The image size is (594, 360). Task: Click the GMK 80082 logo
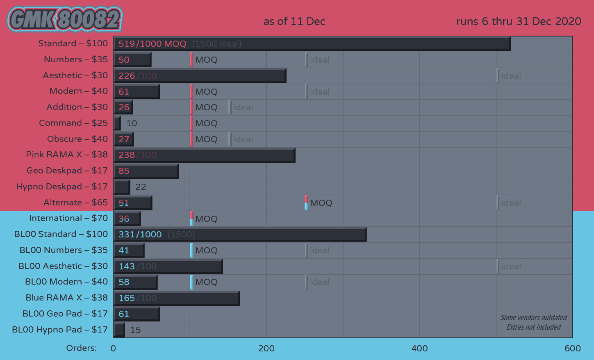coord(65,19)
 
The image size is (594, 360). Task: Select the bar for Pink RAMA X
coord(204,155)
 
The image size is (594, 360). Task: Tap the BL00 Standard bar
coord(240,235)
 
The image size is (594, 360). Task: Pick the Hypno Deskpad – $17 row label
coord(62,187)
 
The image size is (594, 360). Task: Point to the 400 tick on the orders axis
coord(419,349)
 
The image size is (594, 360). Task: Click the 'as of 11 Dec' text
coord(294,21)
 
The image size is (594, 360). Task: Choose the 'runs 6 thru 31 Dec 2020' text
coord(519,21)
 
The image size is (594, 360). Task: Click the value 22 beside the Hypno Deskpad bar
coord(141,187)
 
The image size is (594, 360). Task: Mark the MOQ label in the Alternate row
coord(321,203)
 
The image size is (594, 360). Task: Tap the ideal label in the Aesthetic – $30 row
coord(511,76)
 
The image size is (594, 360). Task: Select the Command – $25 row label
coord(73,123)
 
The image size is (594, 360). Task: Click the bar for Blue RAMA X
coord(176,298)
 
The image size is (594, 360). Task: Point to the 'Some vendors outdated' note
coord(533,318)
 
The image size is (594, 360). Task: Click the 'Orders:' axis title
coord(82,348)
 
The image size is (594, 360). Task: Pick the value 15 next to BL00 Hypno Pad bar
coord(135,330)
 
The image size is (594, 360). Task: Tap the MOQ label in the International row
coord(206,219)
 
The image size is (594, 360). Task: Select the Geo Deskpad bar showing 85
coord(146,171)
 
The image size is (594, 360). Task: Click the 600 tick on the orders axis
coord(572,349)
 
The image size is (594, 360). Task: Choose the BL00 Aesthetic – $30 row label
coord(63,266)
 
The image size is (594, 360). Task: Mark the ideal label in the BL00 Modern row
coord(320,282)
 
